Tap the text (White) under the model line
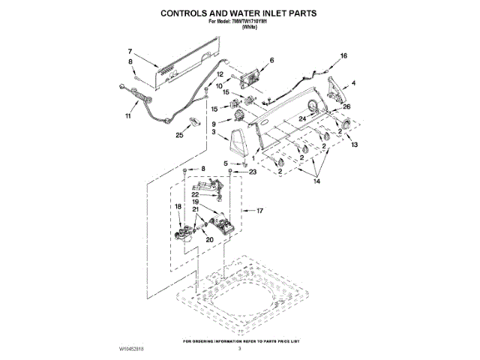pyautogui.click(x=239, y=27)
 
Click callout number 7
pyautogui.click(x=128, y=50)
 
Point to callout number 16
pyautogui.click(x=344, y=56)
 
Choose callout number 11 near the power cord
pyautogui.click(x=127, y=117)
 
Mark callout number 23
pyautogui.click(x=252, y=172)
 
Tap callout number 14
pyautogui.click(x=316, y=181)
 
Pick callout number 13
pyautogui.click(x=355, y=144)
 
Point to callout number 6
pyautogui.click(x=271, y=59)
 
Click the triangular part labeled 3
pyautogui.click(x=240, y=141)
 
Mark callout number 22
pyautogui.click(x=194, y=194)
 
